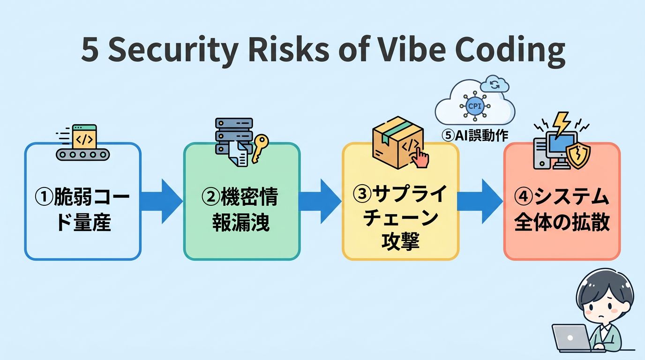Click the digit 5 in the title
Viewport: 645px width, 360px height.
(90, 50)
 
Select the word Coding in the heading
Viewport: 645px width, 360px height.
(510, 50)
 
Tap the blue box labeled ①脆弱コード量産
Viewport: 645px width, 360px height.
(82, 202)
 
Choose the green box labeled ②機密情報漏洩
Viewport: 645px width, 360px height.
(241, 202)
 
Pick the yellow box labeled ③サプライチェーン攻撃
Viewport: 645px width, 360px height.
(400, 202)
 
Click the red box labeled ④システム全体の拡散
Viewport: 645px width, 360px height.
(562, 202)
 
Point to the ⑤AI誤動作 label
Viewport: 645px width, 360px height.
(475, 135)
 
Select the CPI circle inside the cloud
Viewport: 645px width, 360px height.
(474, 105)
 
